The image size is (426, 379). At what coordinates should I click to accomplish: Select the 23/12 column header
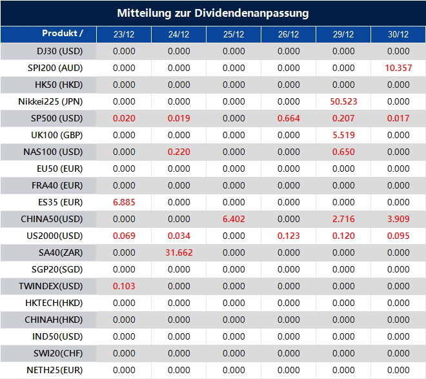click(124, 35)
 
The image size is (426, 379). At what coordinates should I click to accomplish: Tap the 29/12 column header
click(343, 35)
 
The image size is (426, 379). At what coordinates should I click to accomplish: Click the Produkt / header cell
click(63, 34)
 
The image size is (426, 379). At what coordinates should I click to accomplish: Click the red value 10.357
click(398, 68)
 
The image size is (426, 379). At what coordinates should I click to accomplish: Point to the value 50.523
click(343, 101)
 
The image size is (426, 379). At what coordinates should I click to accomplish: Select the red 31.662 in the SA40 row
click(179, 252)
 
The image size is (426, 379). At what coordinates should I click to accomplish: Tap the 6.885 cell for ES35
click(124, 202)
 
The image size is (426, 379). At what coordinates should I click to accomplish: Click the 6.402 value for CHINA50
click(234, 219)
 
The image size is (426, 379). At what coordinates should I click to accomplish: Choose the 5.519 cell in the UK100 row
click(343, 135)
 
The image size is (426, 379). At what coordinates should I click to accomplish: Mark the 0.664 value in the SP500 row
click(289, 118)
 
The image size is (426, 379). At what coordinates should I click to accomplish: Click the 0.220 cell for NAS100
click(179, 152)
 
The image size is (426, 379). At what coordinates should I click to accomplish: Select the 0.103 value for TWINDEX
click(124, 286)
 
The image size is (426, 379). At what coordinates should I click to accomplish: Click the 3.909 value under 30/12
click(398, 219)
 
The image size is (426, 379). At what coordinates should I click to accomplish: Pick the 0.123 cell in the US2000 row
click(289, 236)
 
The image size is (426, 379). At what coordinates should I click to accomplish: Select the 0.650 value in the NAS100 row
click(343, 152)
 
